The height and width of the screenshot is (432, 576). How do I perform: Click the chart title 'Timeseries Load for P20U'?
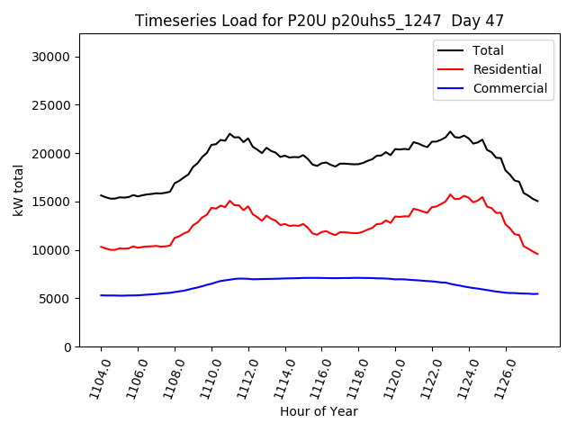click(x=319, y=20)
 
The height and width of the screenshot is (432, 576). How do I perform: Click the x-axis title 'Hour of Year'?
click(x=319, y=411)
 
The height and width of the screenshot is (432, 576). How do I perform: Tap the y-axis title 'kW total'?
click(x=18, y=190)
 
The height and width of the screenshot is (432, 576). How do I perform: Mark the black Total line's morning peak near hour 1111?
click(x=229, y=133)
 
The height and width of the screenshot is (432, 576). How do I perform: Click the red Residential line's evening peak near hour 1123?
click(x=450, y=193)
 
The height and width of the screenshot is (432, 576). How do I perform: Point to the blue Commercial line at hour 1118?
click(x=358, y=277)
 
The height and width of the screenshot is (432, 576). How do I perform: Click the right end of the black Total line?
click(x=537, y=201)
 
